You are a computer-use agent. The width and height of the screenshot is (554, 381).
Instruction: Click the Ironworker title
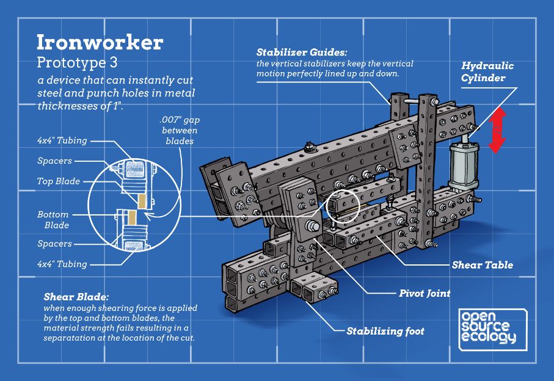click(100, 43)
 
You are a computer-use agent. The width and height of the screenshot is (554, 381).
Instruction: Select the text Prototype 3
click(77, 62)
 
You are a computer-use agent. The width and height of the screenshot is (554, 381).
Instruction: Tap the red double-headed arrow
click(497, 130)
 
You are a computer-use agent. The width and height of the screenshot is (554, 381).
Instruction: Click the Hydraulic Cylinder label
click(487, 71)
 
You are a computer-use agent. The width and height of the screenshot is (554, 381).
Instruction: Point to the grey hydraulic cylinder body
click(464, 166)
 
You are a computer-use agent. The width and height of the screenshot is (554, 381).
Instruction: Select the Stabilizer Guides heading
click(302, 53)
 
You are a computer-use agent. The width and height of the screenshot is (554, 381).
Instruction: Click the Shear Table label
click(483, 265)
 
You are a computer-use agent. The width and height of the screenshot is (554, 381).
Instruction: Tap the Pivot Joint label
click(425, 293)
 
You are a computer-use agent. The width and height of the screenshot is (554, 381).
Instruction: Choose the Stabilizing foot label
click(385, 331)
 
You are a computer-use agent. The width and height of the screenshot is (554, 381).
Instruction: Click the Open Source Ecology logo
click(492, 330)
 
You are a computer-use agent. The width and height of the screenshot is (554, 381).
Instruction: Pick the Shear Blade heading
click(76, 297)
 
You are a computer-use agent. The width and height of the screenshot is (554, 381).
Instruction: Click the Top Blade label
click(59, 181)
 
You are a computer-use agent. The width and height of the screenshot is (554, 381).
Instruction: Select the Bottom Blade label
click(53, 220)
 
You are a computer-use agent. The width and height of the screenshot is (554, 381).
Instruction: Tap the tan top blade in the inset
click(142, 201)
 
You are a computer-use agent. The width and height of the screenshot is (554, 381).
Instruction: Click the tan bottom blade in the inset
click(132, 217)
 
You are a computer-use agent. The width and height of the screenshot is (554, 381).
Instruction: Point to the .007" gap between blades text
click(180, 130)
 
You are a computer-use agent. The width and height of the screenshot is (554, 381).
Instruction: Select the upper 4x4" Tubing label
click(62, 140)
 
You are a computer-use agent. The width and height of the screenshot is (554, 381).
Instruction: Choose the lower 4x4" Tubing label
click(62, 264)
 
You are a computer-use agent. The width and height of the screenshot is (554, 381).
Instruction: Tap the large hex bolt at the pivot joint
click(312, 226)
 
